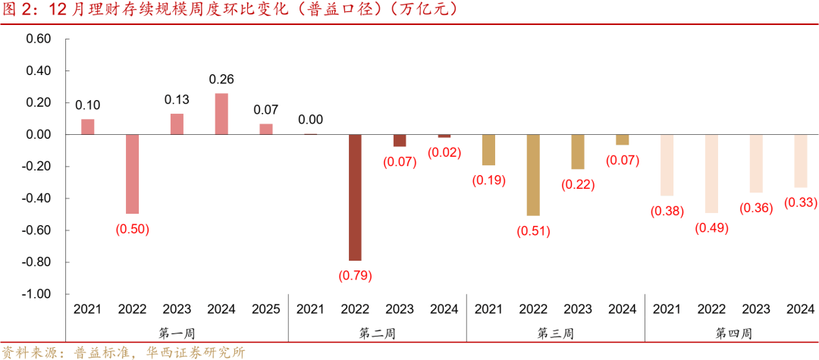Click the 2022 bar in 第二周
[x=355, y=197]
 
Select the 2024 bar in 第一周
[x=221, y=114]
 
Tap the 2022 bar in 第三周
[x=533, y=175]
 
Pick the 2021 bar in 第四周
[x=667, y=165]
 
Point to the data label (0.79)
[x=356, y=276]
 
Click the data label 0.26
[x=221, y=79]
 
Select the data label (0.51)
[x=533, y=231]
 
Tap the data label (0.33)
[x=801, y=202]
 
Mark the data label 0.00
[x=310, y=120]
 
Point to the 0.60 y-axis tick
[x=38, y=39]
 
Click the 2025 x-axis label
[x=266, y=309]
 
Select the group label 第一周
[x=177, y=333]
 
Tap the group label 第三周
[x=555, y=333]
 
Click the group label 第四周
[x=733, y=333]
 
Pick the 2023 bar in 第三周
[x=578, y=152]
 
